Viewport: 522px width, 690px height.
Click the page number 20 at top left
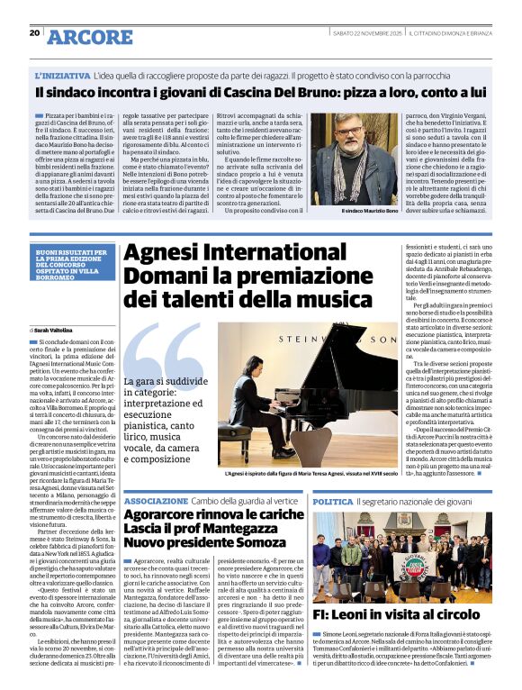34,32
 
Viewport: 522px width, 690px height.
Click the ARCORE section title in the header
89,37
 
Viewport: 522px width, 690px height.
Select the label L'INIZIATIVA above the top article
62,77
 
